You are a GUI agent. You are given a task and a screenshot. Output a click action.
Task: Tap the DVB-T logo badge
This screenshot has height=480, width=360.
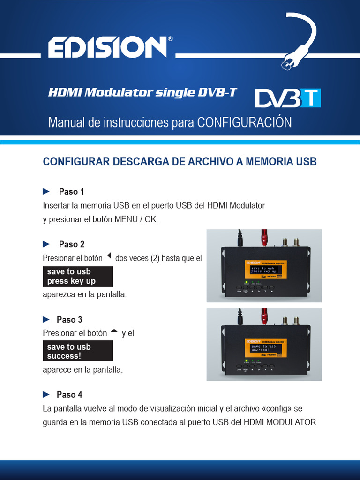click(x=288, y=98)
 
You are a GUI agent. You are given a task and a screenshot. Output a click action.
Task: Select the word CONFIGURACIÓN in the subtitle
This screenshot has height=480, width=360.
click(x=244, y=122)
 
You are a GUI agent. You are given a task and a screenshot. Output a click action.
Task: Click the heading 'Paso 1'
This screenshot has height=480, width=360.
click(x=71, y=192)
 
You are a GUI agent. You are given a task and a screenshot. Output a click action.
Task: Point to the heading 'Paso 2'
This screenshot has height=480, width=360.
click(x=71, y=244)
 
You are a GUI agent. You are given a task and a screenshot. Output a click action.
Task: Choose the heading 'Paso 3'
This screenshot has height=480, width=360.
click(x=69, y=319)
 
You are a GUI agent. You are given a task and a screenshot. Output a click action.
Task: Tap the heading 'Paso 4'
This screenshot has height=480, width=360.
click(x=69, y=395)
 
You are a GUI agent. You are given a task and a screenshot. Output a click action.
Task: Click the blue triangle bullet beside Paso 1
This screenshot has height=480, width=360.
click(x=46, y=191)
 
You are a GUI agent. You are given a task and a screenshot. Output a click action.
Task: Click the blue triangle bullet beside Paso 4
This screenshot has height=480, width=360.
click(x=46, y=394)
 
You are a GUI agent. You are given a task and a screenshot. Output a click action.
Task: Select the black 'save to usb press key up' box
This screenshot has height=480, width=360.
click(x=78, y=277)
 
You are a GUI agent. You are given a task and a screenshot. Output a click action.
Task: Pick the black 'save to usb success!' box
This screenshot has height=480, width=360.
click(x=78, y=351)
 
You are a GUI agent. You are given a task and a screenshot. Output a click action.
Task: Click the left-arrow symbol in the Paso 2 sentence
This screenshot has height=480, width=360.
click(x=109, y=256)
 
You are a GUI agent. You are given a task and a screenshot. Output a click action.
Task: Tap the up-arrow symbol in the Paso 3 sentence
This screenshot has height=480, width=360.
click(x=114, y=331)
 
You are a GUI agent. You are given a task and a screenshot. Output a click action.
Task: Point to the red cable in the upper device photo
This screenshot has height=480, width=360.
click(x=264, y=237)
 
